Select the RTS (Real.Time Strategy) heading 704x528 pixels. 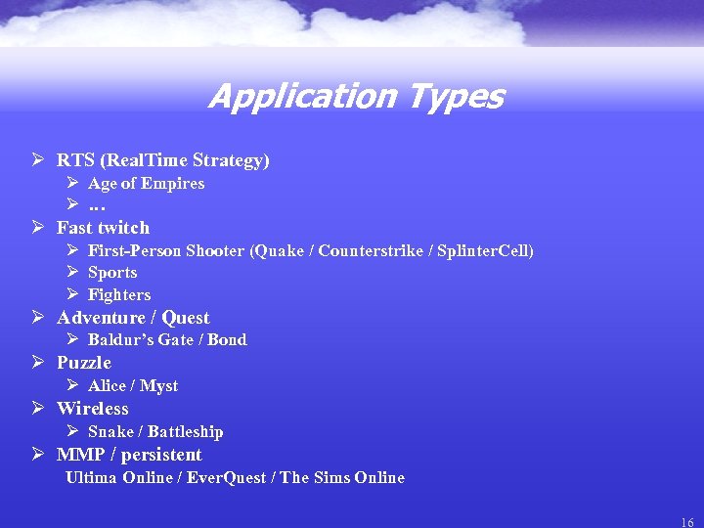click(x=162, y=159)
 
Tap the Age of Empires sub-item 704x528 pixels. click(x=146, y=183)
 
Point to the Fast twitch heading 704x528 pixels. click(x=103, y=228)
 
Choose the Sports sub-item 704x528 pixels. click(x=112, y=273)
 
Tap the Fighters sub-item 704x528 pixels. click(x=119, y=294)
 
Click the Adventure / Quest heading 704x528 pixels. click(x=133, y=318)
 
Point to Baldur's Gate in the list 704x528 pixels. click(x=138, y=339)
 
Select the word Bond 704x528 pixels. click(x=227, y=339)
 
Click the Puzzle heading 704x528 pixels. click(x=84, y=363)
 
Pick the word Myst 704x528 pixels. click(x=158, y=385)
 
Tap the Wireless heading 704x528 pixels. click(x=92, y=409)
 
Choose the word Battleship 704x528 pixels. click(x=185, y=431)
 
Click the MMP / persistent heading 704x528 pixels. click(x=129, y=455)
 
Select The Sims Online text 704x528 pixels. click(x=342, y=477)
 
